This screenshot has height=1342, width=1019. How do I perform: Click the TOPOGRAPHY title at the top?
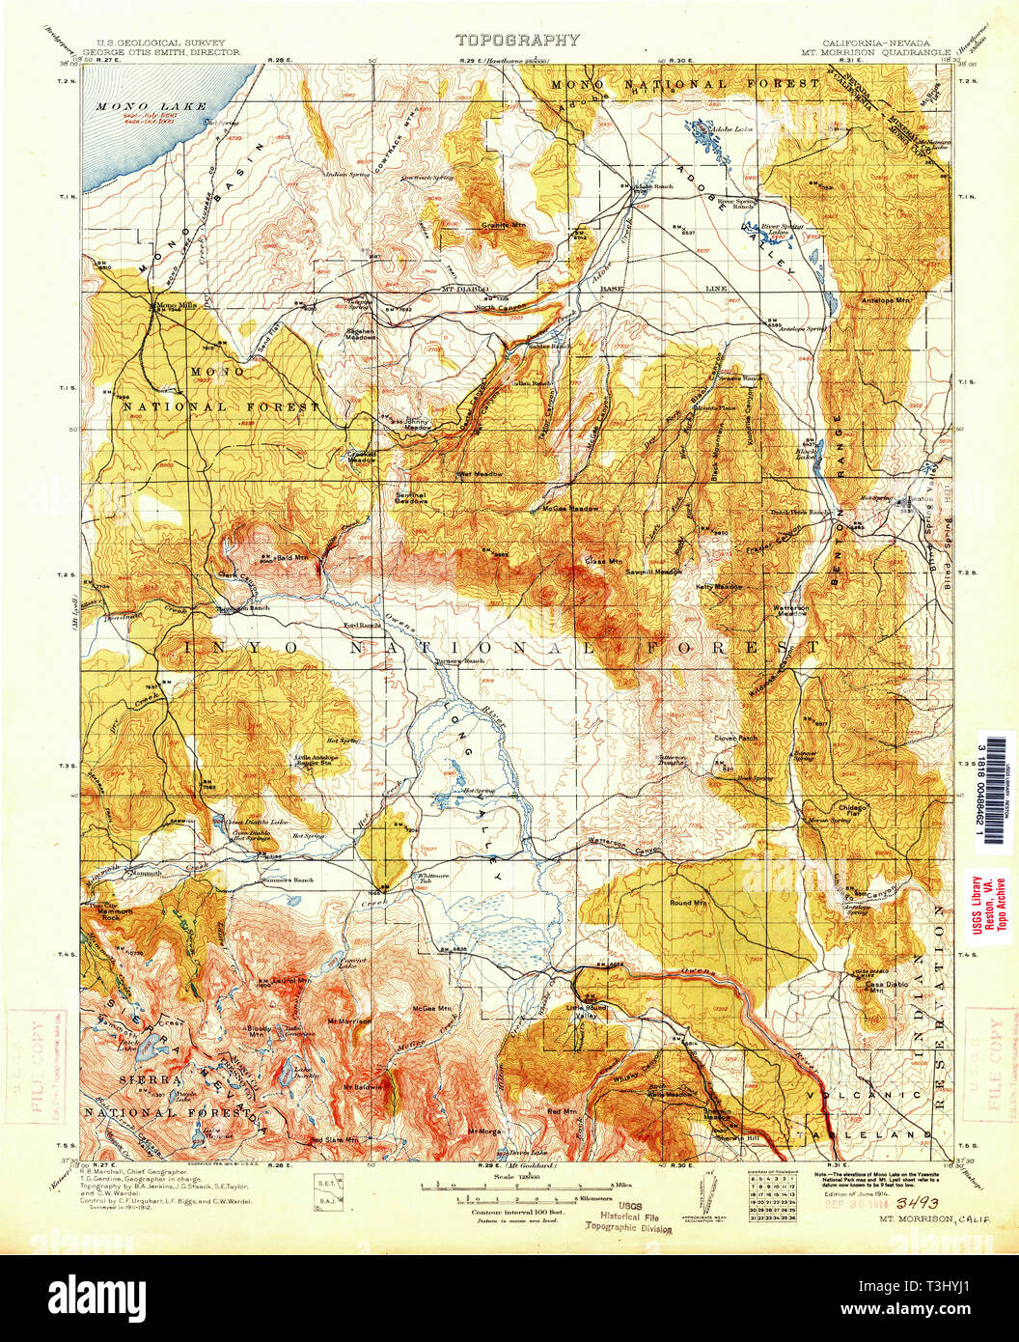coord(517,41)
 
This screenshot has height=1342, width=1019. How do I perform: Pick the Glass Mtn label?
coord(601,561)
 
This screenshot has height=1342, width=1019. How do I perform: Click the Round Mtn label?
coord(689,903)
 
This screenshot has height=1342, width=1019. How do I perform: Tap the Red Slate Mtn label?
coord(334,1140)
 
